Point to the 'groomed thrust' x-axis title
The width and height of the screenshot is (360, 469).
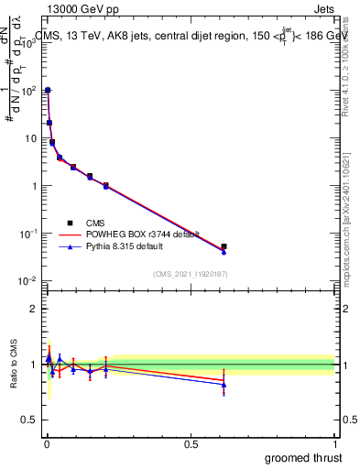click(x=305, y=457)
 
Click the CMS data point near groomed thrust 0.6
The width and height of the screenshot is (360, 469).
click(x=224, y=246)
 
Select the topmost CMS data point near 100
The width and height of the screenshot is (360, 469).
click(x=48, y=91)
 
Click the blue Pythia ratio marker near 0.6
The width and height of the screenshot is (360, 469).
click(x=224, y=385)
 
